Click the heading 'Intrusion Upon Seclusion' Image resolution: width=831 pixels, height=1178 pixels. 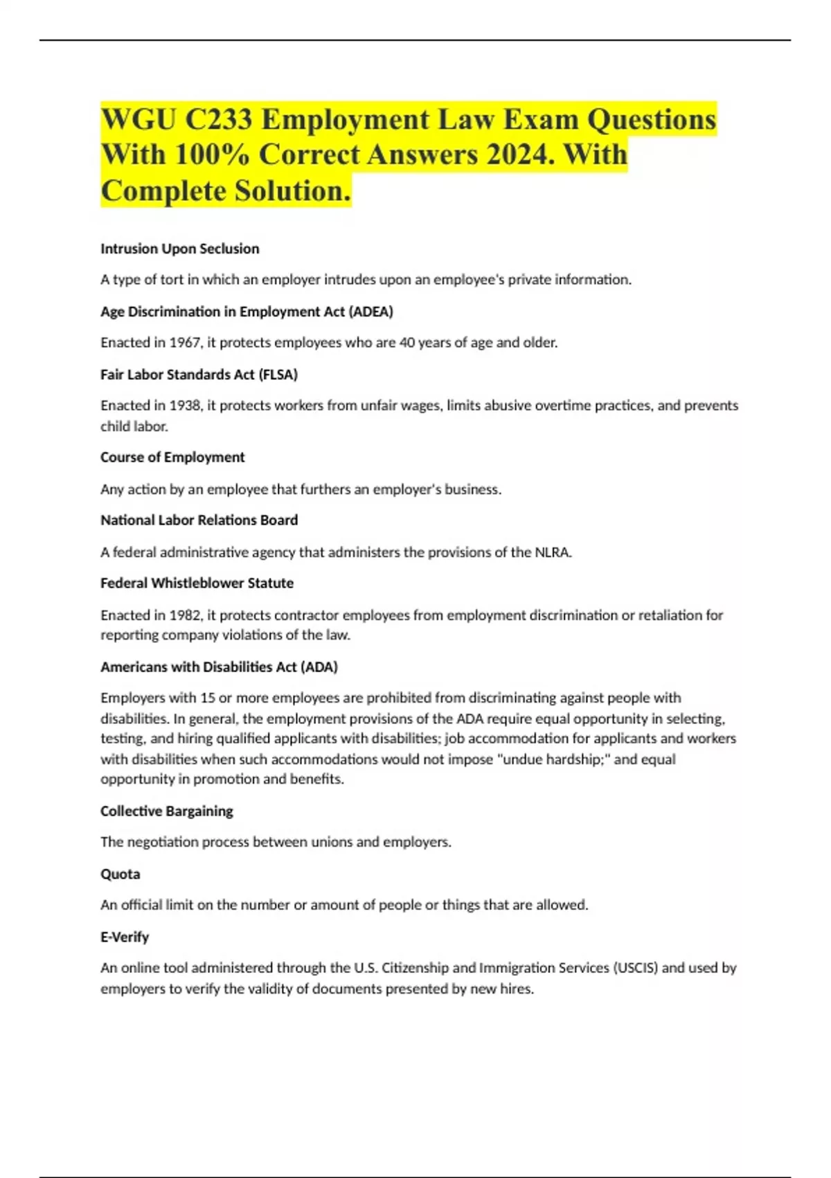179,249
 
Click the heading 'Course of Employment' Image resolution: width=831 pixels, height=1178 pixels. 172,457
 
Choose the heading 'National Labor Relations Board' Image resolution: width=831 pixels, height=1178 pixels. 199,520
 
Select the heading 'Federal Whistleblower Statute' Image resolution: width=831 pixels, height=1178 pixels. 197,583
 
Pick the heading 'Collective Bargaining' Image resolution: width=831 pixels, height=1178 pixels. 166,811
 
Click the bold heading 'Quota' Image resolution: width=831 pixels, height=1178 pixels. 120,874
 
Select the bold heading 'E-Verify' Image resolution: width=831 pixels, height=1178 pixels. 125,938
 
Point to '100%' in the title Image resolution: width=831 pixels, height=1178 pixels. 212,155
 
